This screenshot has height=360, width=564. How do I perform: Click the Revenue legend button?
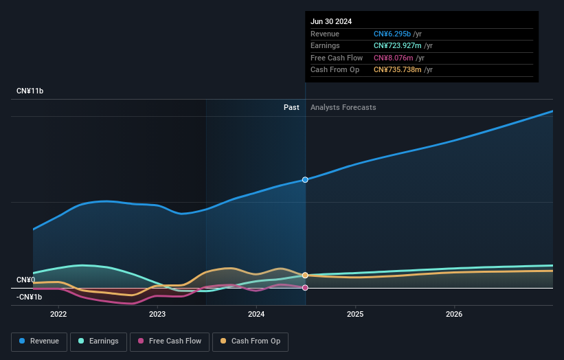click(x=40, y=341)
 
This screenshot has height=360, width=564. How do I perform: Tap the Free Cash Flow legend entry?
click(x=169, y=341)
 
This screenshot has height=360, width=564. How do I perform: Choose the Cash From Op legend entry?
click(x=251, y=341)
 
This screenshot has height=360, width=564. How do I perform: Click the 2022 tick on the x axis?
click(x=58, y=315)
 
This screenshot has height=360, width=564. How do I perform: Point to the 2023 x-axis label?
click(x=157, y=315)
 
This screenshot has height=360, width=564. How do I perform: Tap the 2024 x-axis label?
click(x=256, y=315)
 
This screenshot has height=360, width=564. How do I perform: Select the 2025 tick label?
click(x=355, y=315)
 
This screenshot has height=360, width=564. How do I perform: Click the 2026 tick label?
click(x=454, y=315)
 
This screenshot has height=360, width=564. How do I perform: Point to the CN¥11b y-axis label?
click(x=30, y=91)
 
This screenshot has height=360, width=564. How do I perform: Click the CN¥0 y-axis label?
click(x=25, y=280)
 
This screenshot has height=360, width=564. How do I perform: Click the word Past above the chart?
click(x=291, y=107)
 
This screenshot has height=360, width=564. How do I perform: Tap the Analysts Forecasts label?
click(x=343, y=107)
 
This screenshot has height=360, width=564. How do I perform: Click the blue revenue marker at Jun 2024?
click(x=305, y=179)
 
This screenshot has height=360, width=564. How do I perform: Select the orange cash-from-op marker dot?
click(x=305, y=275)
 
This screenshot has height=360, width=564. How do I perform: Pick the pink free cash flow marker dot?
click(x=305, y=287)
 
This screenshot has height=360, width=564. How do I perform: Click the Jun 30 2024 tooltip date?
click(x=331, y=21)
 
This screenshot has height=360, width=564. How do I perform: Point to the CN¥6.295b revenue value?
click(x=392, y=34)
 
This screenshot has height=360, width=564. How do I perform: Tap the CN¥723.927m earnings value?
click(x=398, y=46)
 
